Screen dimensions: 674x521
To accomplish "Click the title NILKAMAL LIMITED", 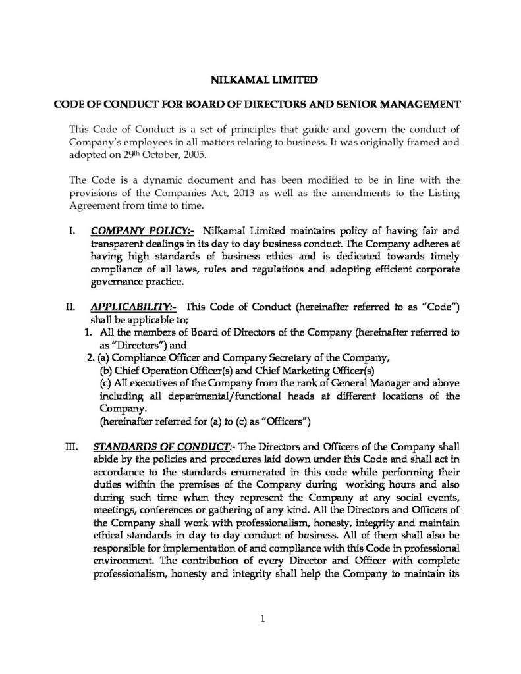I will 260,81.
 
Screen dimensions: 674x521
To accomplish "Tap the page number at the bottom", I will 262,617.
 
